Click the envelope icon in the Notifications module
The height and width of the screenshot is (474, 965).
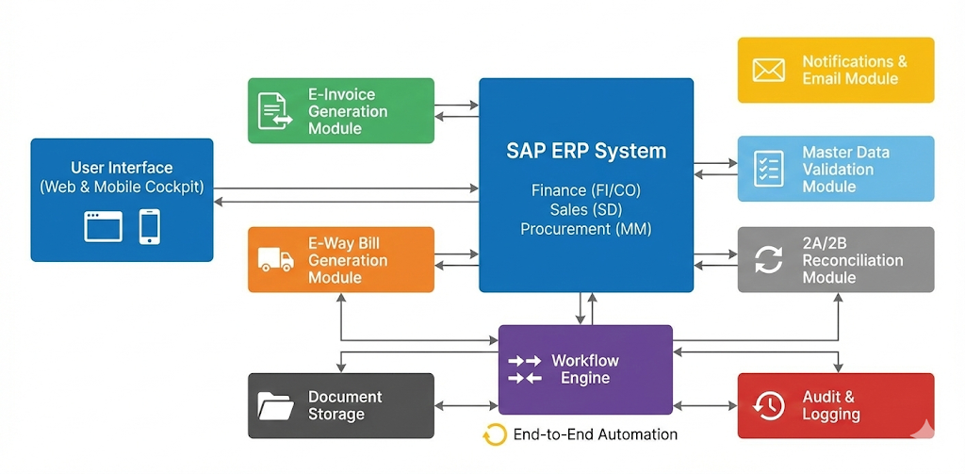769,70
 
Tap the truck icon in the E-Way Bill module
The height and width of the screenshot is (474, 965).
275,259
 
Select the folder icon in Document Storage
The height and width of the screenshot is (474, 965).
275,405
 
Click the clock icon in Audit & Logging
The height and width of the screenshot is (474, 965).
769,405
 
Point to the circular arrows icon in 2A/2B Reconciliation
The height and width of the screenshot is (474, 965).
769,259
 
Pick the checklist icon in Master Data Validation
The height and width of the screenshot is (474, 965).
769,169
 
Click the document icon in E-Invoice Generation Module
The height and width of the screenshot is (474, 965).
275,110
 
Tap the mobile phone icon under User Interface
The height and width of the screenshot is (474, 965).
149,226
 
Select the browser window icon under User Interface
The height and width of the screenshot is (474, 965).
103,226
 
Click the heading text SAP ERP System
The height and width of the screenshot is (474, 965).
585,151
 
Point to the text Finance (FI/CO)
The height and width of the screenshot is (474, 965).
585,191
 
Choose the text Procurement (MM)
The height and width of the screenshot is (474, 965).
585,229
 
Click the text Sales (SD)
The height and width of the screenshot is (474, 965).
585,210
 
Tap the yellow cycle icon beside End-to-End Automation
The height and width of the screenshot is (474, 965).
495,434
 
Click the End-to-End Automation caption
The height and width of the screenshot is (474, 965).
595,434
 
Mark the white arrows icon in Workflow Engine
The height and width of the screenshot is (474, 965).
525,369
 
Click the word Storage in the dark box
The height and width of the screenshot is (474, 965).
336,415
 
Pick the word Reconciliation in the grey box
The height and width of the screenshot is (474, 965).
853,260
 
